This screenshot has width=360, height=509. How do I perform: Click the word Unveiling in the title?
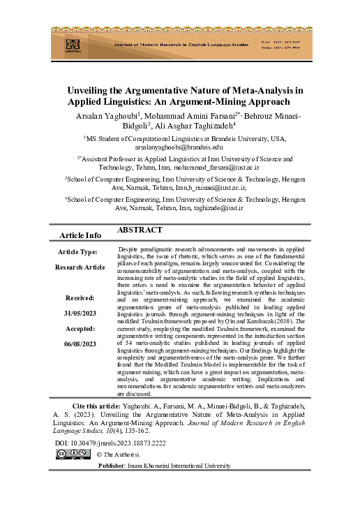click(x=90, y=90)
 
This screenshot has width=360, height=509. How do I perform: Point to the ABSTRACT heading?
click(x=140, y=230)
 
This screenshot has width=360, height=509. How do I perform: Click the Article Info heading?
click(x=80, y=235)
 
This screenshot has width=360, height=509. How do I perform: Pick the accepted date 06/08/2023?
click(x=80, y=345)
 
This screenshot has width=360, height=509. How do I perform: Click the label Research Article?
click(x=80, y=267)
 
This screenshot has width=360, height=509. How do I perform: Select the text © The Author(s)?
click(x=123, y=455)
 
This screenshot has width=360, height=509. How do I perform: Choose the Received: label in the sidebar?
click(x=80, y=296)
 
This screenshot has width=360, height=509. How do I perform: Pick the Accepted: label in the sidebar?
click(x=80, y=330)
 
